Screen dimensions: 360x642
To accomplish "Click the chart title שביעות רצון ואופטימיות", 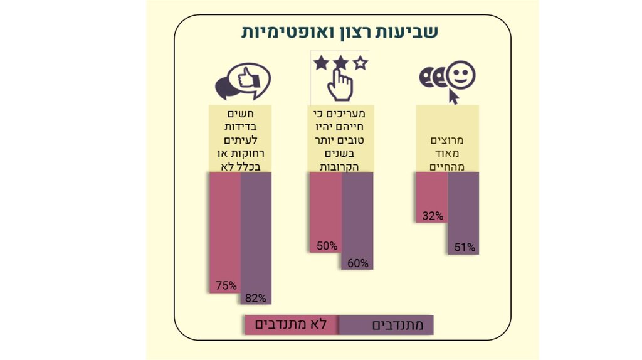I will [340, 32].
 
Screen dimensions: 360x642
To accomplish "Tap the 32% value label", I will [433, 216].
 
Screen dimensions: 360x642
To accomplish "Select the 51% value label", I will [465, 248].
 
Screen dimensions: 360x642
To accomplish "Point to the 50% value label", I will [327, 246].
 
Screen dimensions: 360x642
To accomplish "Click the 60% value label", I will [357, 263].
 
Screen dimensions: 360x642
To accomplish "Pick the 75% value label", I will [226, 285].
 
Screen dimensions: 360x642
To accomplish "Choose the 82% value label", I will [256, 298].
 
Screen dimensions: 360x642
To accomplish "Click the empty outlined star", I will [360, 62].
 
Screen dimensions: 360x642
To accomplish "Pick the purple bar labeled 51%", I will [464, 207].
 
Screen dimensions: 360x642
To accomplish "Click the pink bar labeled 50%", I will [326, 207].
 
